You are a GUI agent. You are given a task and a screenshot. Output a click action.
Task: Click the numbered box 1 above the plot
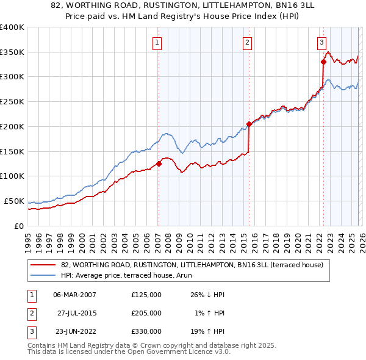click(157, 42)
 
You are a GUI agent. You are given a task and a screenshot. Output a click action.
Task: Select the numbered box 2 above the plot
click(247, 42)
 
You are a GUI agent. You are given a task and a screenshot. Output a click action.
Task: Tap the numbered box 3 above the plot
click(321, 42)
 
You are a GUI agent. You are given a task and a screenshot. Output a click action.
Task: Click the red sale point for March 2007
click(159, 164)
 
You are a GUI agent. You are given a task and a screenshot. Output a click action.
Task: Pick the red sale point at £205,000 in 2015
click(249, 124)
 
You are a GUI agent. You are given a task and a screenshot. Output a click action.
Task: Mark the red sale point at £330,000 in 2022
click(323, 61)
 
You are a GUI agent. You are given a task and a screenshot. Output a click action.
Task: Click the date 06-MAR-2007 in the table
click(74, 294)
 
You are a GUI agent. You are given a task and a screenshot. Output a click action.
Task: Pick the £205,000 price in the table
click(146, 313)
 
